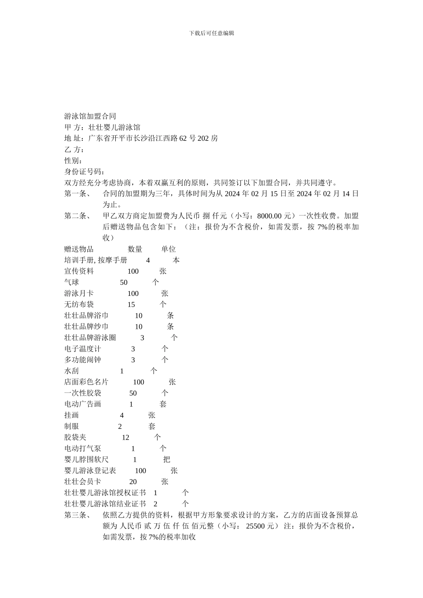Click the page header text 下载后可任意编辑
[x=211, y=33]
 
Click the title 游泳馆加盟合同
[x=90, y=116]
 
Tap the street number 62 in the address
[x=183, y=138]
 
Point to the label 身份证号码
[x=84, y=171]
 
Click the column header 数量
[x=135, y=249]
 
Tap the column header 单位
[x=169, y=249]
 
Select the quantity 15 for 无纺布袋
[x=131, y=305]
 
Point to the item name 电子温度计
[x=83, y=349]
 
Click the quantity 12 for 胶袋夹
[x=125, y=437]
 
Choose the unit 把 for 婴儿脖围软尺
[x=167, y=460]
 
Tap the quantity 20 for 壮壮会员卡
[x=133, y=482]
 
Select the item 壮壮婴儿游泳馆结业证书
[x=105, y=504]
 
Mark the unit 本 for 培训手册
[x=176, y=260]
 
